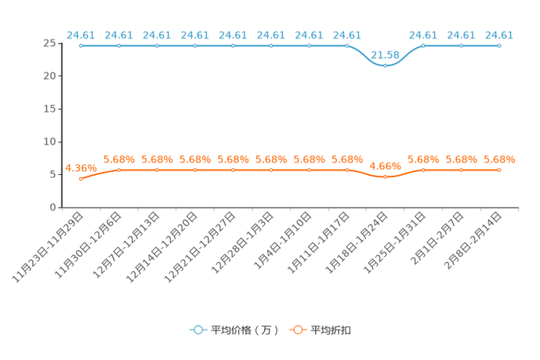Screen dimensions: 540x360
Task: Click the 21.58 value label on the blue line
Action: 385,54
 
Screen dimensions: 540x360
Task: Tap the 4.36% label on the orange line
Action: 81,168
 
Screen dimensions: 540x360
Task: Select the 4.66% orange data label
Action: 385,166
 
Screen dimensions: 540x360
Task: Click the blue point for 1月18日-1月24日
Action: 385,66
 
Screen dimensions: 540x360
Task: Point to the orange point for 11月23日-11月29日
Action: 81,179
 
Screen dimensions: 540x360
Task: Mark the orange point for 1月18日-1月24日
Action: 385,176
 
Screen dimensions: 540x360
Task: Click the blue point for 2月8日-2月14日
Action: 499,46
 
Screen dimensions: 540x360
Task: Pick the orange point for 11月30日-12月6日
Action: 119,170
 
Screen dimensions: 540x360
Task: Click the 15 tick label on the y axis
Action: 49,109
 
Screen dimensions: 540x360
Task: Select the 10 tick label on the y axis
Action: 49,142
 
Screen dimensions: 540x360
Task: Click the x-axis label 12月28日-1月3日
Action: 242,242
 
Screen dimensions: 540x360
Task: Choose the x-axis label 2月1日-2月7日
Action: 438,238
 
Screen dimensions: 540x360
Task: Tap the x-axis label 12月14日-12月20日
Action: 162,247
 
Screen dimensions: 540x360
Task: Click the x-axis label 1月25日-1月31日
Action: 395,242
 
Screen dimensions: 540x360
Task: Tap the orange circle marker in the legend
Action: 298,330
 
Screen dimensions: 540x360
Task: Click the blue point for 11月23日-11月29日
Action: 81,46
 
